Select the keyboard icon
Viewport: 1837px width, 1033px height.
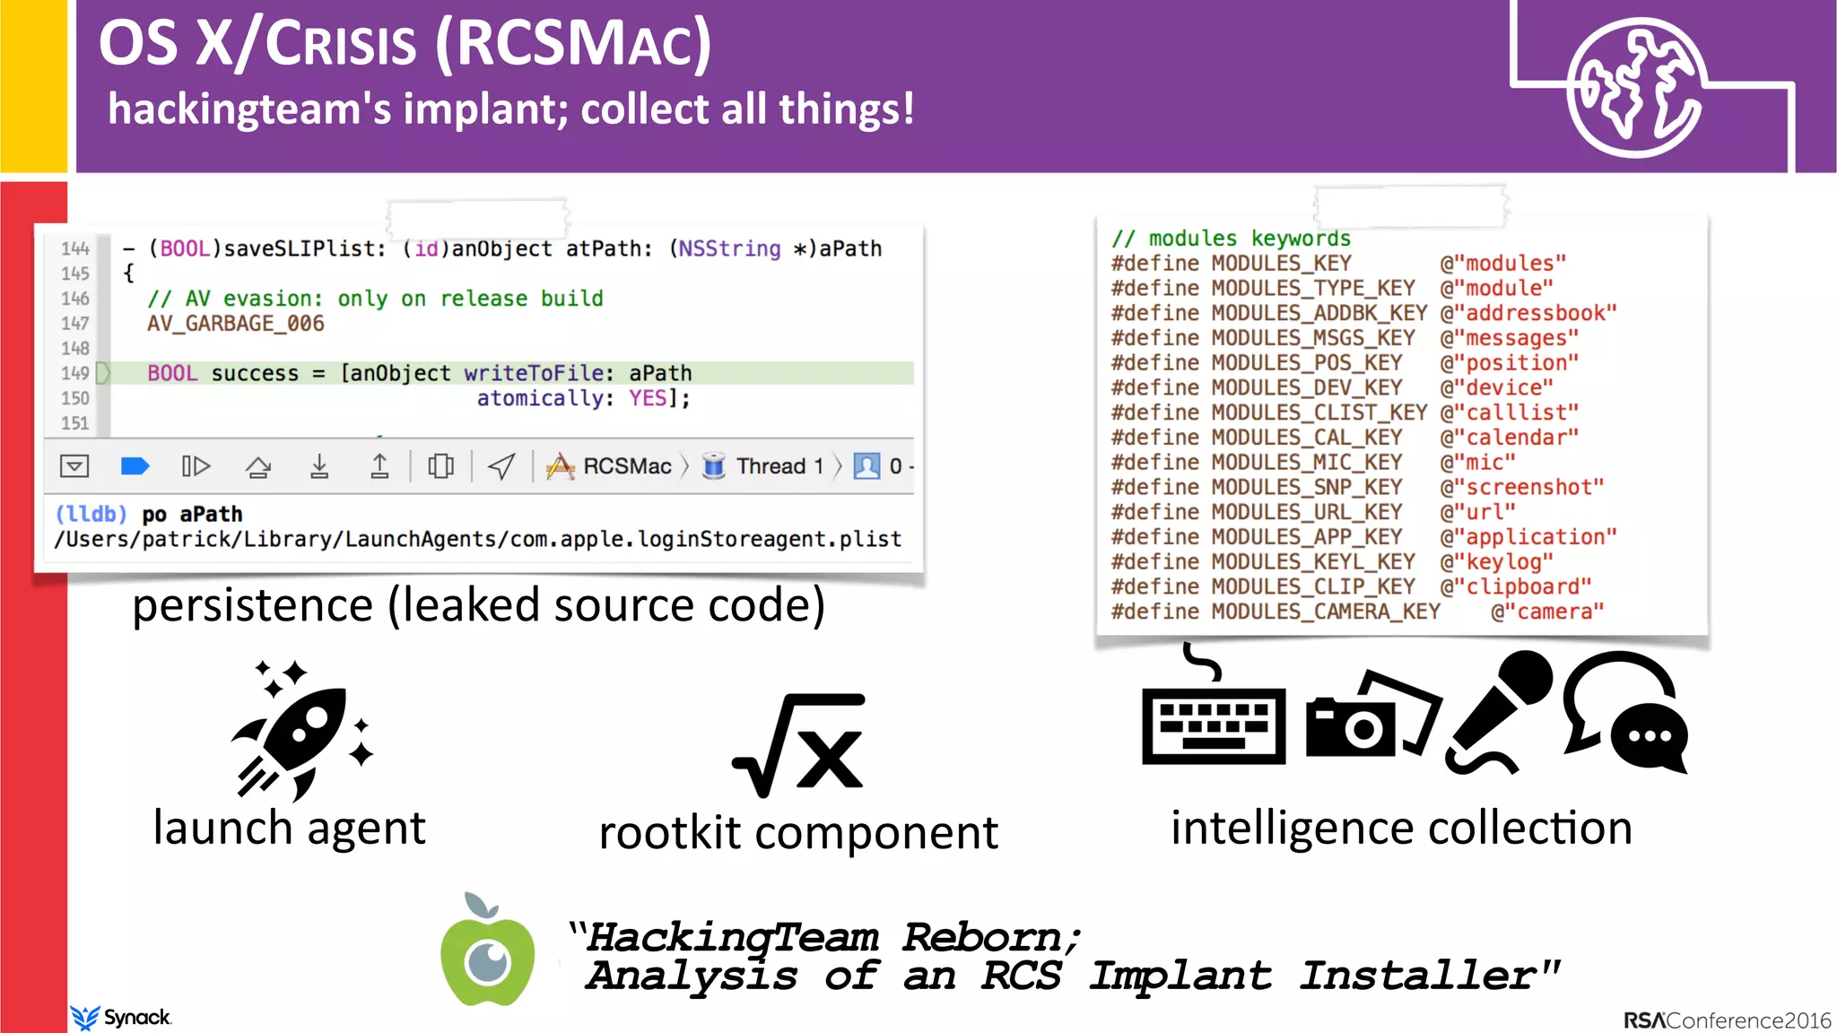[1213, 722]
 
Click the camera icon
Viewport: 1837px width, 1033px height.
[1368, 717]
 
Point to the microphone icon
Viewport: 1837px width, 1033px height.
[1498, 713]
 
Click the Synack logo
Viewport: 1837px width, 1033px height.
[121, 1017]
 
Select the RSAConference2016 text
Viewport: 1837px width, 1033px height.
[1727, 1020]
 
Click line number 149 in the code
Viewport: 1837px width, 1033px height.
[75, 373]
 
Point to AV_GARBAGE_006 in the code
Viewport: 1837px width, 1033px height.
[236, 324]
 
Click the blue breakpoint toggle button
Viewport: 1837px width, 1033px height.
[135, 466]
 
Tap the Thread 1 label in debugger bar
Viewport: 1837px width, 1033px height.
[779, 466]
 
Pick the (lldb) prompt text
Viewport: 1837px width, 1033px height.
[91, 515]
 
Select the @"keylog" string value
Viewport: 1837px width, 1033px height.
[1496, 562]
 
